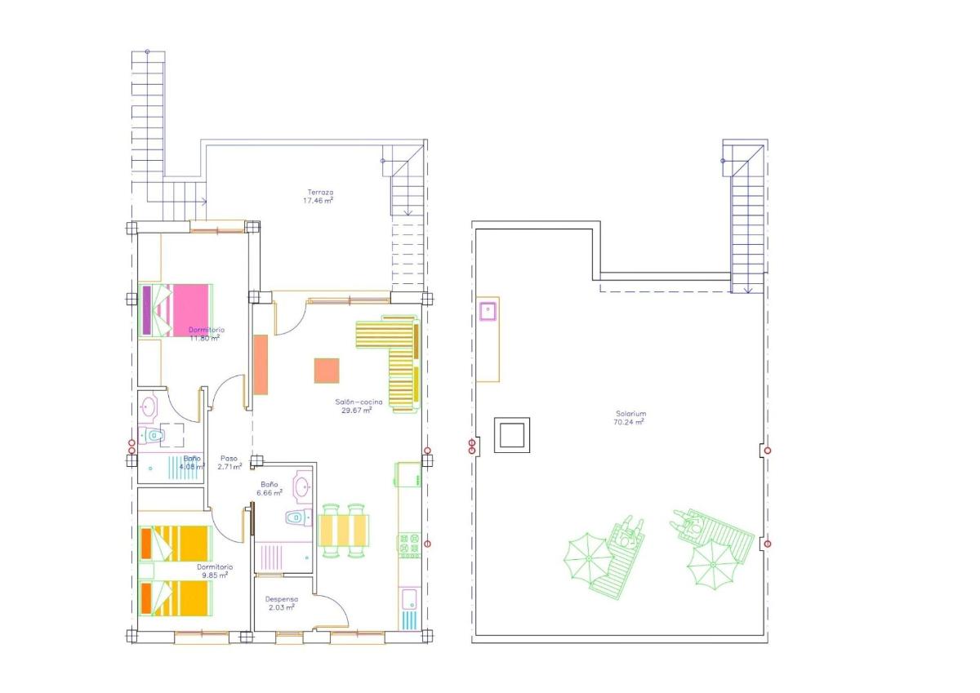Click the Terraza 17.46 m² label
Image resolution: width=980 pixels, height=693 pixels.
(x=318, y=196)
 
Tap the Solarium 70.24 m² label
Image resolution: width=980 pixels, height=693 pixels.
(x=630, y=418)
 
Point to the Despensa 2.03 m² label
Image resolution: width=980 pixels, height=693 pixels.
(x=279, y=602)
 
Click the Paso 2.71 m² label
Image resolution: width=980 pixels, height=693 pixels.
(x=229, y=463)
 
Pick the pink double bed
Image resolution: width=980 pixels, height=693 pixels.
(x=177, y=309)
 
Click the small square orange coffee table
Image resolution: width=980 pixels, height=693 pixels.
(x=327, y=371)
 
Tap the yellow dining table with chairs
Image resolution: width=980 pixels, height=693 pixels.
(x=344, y=530)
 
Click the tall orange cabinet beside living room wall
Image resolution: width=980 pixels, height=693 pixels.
(x=261, y=364)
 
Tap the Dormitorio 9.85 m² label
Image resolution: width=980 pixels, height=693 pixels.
(x=214, y=571)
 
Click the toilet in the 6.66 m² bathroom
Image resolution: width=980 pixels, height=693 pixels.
(x=297, y=517)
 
